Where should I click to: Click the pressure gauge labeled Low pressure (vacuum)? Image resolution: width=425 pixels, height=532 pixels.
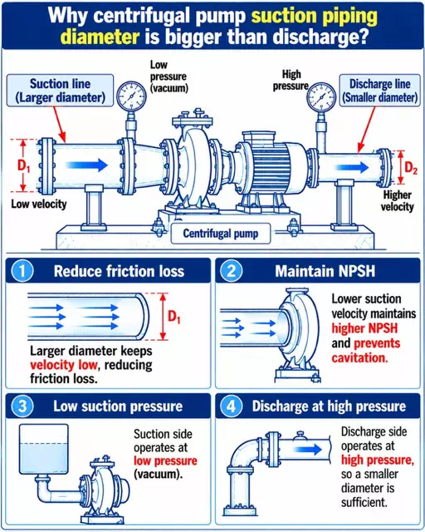(x=131, y=96)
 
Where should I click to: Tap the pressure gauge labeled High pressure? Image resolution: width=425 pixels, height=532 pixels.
(x=321, y=97)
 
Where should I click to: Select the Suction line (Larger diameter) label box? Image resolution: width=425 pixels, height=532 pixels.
(x=60, y=91)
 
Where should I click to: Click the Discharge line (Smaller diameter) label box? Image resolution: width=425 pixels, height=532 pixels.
(x=379, y=91)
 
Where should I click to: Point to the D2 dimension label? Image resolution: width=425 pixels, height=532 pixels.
(x=411, y=168)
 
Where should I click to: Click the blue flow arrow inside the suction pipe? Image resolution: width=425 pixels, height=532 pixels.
(x=86, y=165)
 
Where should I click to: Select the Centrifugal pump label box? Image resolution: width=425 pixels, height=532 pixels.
(x=221, y=234)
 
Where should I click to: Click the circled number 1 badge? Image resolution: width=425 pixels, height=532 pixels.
(x=22, y=272)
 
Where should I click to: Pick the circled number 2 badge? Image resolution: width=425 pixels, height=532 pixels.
(x=232, y=272)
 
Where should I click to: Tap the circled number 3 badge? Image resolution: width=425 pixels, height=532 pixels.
(x=22, y=406)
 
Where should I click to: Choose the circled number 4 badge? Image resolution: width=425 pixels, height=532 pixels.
(x=232, y=406)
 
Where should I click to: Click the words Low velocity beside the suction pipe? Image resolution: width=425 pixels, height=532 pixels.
(x=39, y=204)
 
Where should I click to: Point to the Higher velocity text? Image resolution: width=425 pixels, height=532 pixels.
(x=398, y=201)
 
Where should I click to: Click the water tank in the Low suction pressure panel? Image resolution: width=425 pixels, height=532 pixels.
(x=44, y=449)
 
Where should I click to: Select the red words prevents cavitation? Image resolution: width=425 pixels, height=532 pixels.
(x=366, y=351)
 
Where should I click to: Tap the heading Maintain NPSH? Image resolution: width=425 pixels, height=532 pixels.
(x=325, y=272)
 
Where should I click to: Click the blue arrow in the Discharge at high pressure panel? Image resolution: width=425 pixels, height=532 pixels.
(x=307, y=450)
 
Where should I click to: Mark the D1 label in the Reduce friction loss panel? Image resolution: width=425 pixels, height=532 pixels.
(x=174, y=317)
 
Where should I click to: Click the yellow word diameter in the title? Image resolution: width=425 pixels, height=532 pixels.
(x=100, y=37)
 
